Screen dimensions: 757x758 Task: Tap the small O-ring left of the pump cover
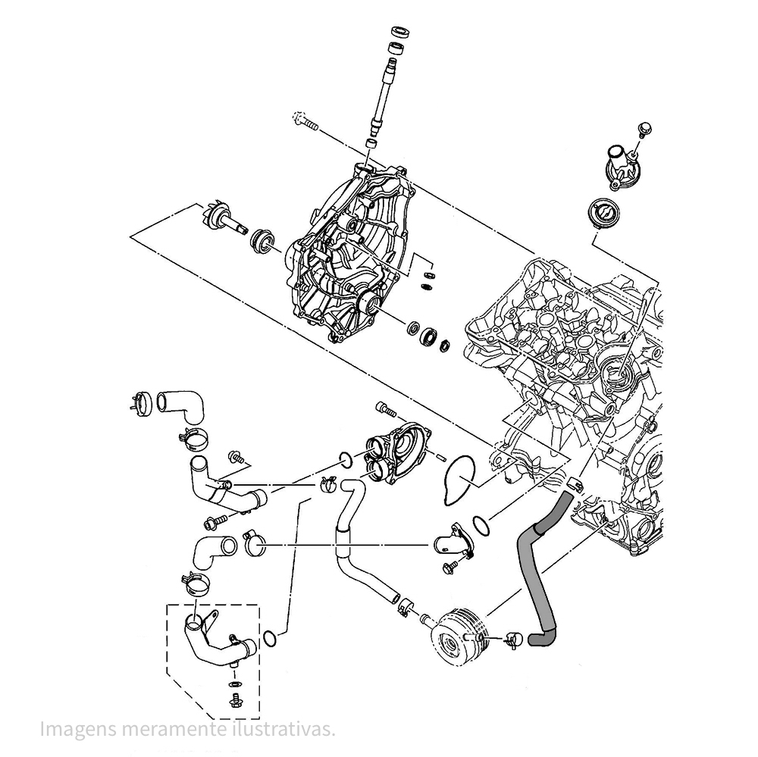[x=344, y=458]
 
